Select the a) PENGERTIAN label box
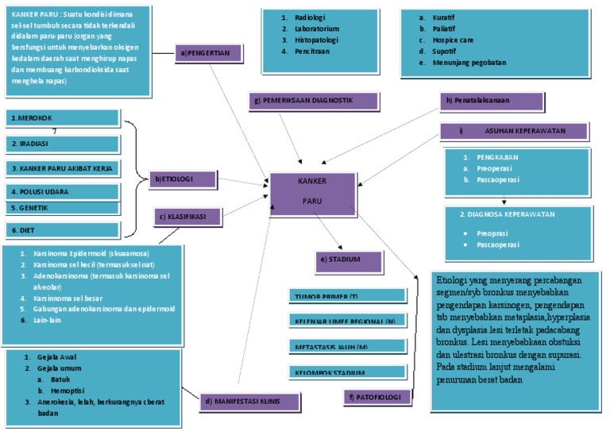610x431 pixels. coord(208,54)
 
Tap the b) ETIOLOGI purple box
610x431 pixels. coord(182,179)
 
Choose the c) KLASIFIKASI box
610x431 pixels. coord(188,217)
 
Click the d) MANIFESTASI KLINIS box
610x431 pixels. coord(250,402)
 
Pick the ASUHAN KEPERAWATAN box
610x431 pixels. coord(514,131)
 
